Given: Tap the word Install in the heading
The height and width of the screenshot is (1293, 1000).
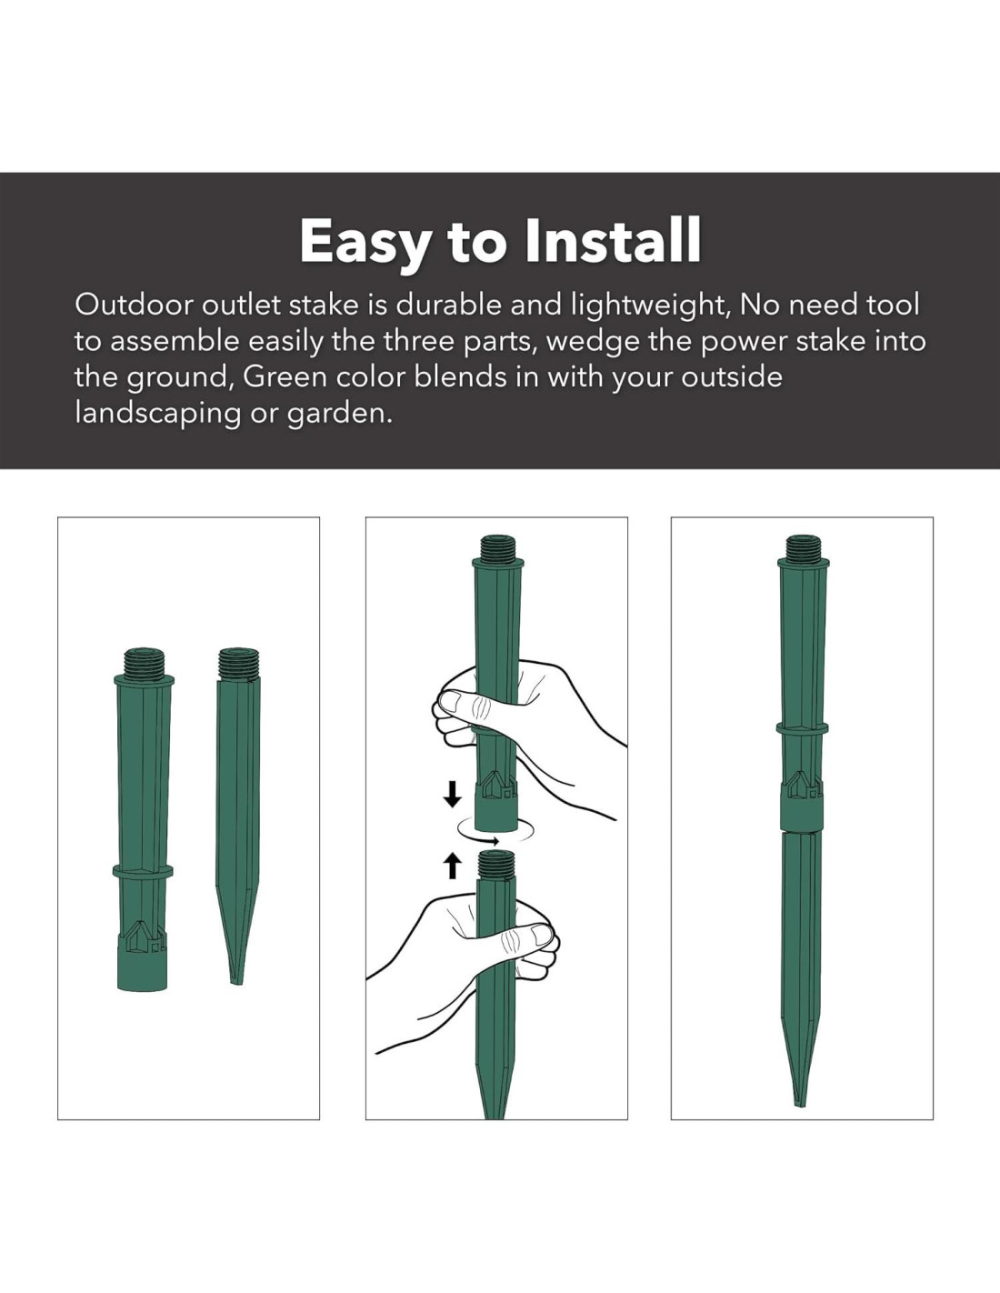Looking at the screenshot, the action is (x=614, y=240).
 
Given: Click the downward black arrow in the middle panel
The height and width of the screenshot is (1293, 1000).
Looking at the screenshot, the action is (x=453, y=795).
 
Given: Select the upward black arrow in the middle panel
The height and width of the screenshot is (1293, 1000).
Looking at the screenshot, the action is (x=453, y=866).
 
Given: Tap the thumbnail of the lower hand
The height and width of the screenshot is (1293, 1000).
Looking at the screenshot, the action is (x=539, y=934).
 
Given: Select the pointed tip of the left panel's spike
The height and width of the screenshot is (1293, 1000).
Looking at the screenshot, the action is (x=237, y=984).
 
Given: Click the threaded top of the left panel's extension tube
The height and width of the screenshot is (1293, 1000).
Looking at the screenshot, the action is (x=144, y=662).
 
